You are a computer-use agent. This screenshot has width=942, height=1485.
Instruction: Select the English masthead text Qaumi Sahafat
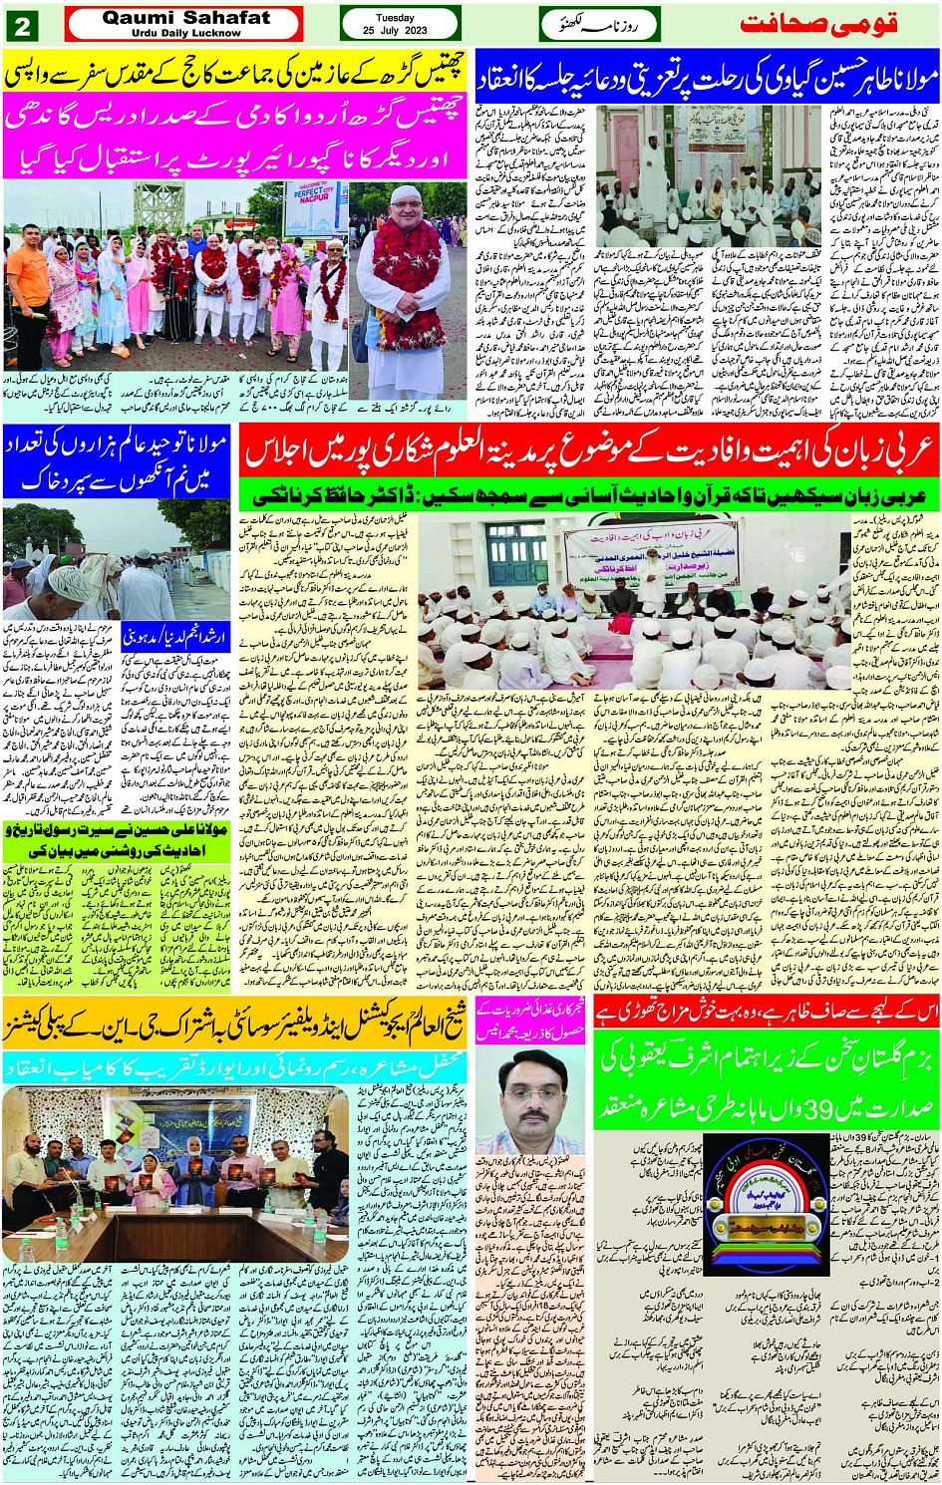185,17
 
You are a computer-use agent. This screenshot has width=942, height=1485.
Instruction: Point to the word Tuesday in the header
395,18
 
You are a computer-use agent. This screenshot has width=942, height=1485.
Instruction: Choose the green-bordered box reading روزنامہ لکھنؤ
599,25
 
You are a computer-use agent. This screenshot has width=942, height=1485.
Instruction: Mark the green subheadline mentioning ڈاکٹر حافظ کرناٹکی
589,495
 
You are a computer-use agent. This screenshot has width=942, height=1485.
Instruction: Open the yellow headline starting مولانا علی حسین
117,839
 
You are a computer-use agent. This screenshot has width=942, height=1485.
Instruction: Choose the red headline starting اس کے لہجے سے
766,1014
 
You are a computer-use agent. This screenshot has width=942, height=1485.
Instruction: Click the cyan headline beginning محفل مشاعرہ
234,1066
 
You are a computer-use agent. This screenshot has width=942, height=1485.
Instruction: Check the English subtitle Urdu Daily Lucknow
185,33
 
